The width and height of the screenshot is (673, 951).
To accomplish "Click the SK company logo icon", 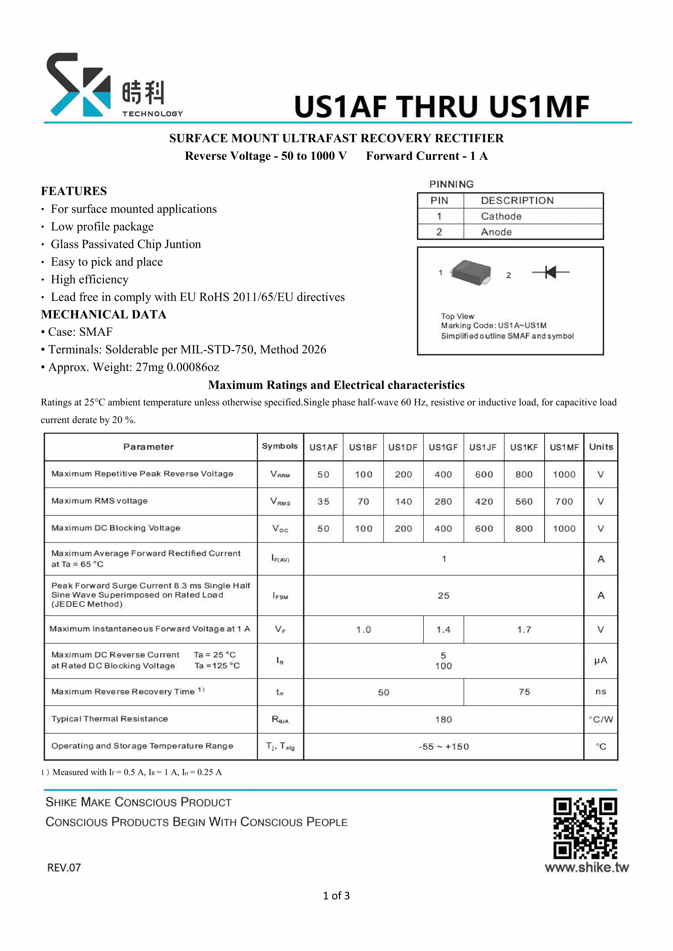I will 79,85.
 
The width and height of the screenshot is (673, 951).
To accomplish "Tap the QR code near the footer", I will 585,829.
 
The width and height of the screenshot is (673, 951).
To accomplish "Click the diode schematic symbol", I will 550,272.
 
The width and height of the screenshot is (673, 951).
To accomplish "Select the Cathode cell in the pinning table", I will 501,216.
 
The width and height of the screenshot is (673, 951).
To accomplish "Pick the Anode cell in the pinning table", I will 496,232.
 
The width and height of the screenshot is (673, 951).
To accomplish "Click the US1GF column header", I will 443,447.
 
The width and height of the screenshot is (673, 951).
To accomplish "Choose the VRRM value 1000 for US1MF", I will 564,474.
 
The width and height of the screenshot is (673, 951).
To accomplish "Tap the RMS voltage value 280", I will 443,502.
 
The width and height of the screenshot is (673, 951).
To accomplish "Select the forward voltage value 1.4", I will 443,629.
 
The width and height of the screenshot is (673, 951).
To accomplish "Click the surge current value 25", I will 444,596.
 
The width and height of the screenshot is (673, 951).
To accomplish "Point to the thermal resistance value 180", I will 444,719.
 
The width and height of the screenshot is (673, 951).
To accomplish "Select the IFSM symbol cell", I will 280,596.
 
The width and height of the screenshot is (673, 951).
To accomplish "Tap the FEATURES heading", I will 74,191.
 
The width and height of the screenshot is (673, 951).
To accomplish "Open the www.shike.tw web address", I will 587,867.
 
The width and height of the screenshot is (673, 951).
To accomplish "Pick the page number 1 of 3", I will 336,895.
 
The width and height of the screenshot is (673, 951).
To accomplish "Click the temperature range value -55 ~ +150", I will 444,746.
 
